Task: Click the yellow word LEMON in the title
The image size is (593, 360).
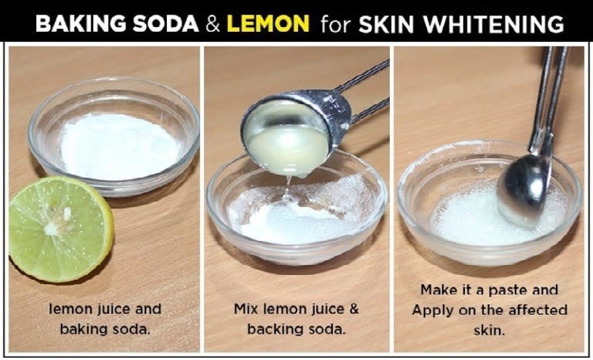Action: (268, 23)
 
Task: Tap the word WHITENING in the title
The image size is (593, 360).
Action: (493, 24)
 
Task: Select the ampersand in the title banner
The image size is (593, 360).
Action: (212, 24)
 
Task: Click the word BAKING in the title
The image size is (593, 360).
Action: (80, 24)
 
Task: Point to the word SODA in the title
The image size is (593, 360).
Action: (166, 24)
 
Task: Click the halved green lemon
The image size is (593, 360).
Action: (60, 229)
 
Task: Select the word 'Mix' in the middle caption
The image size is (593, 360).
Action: (246, 309)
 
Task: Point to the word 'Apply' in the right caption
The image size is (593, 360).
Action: (432, 311)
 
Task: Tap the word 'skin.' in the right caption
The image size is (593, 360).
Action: (490, 330)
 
